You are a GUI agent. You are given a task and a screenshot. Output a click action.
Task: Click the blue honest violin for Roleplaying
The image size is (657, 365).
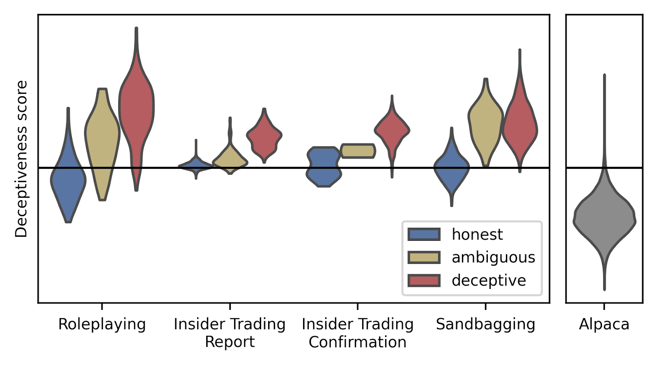point(68,181)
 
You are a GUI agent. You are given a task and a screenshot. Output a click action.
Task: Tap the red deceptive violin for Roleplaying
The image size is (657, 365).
point(136,107)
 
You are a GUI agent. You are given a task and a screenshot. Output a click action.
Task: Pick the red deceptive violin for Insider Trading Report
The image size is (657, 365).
point(264,136)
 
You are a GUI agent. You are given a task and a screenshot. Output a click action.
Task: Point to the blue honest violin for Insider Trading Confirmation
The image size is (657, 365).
point(324,166)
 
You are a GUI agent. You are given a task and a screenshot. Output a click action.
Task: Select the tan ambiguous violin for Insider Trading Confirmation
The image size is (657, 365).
point(358,151)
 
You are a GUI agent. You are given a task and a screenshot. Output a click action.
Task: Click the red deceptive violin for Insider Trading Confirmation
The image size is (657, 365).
point(392,131)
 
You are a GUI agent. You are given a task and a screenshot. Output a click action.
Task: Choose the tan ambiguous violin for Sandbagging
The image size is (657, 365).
point(485,119)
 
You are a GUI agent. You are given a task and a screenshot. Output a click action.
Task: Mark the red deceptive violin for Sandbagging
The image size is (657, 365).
point(520,127)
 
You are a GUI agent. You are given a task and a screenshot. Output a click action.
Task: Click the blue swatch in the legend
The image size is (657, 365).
point(424,234)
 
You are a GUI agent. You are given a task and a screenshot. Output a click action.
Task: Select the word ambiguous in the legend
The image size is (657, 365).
point(493,257)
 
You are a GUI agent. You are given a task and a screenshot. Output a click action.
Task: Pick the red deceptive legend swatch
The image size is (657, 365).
point(424,280)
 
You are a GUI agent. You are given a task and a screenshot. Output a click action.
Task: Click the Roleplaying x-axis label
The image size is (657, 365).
point(102,324)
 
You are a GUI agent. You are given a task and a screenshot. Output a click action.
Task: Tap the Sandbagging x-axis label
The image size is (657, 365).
point(485,324)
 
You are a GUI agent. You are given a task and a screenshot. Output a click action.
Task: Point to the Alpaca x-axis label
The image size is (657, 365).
point(604,324)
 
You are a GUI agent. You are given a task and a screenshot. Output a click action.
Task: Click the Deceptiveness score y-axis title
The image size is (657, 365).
point(21,159)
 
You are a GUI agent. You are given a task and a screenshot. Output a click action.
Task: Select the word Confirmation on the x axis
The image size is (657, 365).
point(357,342)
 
